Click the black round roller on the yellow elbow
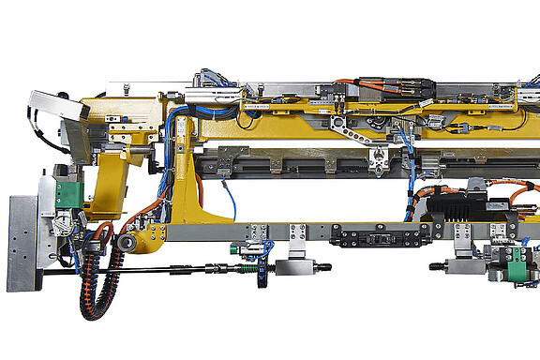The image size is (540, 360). [124, 245]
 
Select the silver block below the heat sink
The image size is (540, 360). [465, 266]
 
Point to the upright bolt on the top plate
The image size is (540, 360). [125, 89]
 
